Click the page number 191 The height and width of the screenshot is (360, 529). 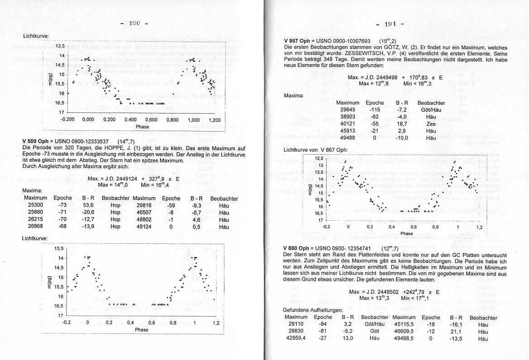point(390,24)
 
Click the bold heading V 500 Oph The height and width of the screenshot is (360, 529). point(37,142)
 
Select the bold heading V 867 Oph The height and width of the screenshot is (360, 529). point(298,41)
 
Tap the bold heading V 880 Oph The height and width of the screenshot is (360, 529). point(298,248)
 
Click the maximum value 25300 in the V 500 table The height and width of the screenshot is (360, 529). point(35,205)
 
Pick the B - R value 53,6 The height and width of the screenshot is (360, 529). point(88,205)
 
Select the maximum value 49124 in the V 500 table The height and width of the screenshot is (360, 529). point(144,227)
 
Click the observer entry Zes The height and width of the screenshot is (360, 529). point(431,123)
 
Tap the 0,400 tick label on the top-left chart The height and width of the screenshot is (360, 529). point(130,120)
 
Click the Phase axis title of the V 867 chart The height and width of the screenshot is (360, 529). point(406,233)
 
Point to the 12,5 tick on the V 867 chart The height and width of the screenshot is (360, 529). point(319,158)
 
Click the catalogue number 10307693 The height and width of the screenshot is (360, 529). point(356,41)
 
